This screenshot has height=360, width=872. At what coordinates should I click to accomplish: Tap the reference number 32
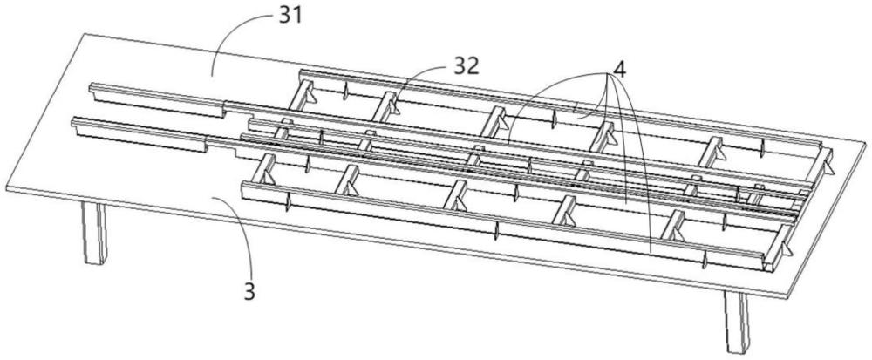point(468,66)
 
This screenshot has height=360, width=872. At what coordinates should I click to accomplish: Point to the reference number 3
point(249,291)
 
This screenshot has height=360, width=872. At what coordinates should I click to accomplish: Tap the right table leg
point(738,321)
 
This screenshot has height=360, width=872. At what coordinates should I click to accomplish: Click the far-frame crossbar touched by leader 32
point(387,104)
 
